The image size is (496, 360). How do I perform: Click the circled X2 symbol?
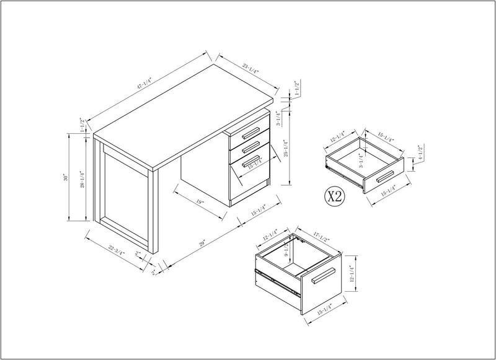click(335, 197)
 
